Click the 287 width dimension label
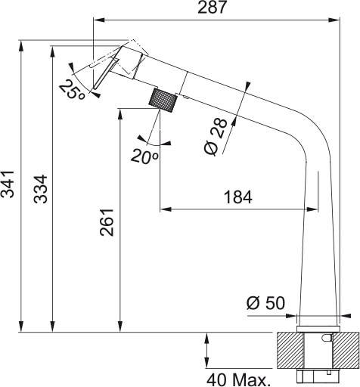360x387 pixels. click(212, 8)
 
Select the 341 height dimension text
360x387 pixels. click(8, 184)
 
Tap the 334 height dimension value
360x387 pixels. click(41, 189)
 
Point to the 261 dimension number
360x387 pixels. click(107, 222)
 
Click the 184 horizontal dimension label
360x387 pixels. click(238, 197)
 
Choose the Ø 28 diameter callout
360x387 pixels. click(216, 136)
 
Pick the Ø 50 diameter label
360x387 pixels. click(265, 302)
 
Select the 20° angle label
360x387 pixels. click(144, 156)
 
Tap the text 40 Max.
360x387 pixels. click(237, 379)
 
